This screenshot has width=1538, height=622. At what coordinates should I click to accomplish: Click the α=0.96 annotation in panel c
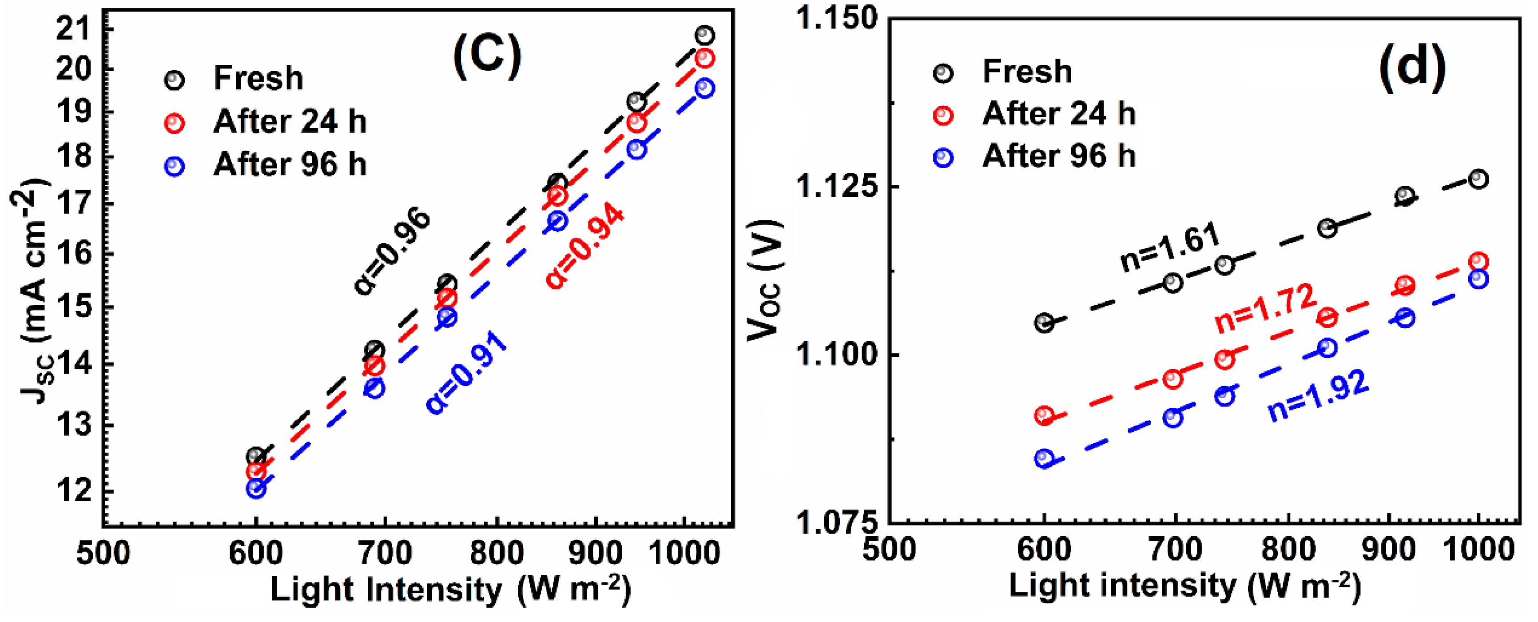tap(392, 251)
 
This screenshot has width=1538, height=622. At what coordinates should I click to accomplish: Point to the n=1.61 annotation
tap(1170, 247)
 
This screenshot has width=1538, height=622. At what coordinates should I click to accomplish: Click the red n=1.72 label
tap(1265, 308)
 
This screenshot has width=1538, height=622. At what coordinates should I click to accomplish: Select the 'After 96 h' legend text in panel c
tap(290, 164)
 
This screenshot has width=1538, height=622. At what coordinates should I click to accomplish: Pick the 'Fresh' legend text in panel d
tap(1027, 72)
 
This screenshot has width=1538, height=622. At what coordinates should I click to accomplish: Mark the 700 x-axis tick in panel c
tap(385, 553)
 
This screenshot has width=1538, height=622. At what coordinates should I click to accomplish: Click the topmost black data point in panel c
tap(704, 35)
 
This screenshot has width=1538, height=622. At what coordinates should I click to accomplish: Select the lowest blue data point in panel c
tap(255, 489)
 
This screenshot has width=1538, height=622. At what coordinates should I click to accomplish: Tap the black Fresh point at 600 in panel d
tap(1044, 323)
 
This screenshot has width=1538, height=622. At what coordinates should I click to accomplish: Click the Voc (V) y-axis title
tap(764, 281)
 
